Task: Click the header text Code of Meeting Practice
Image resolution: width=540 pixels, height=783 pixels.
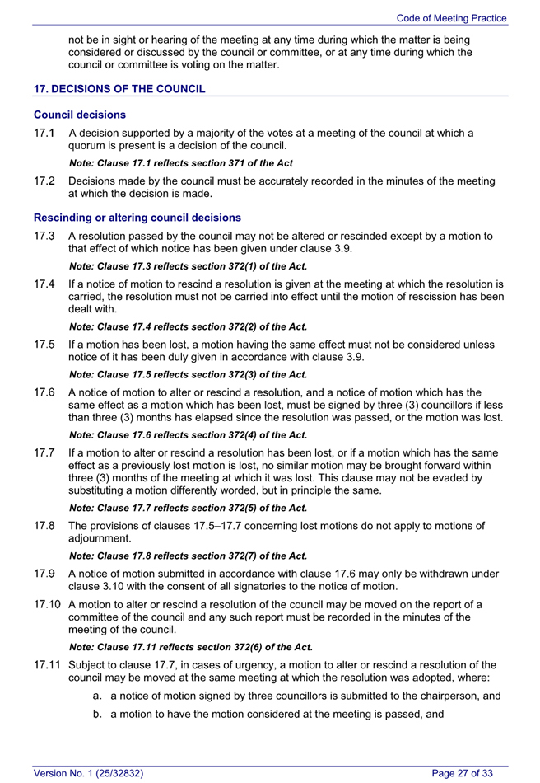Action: click(451, 18)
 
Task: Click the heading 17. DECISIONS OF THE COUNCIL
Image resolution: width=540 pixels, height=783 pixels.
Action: click(119, 89)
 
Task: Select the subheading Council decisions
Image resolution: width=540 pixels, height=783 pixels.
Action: click(79, 115)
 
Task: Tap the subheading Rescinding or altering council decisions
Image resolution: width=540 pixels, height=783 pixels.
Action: click(137, 218)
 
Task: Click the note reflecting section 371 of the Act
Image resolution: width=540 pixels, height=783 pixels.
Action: click(181, 163)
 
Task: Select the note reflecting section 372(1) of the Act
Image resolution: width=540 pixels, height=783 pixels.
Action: click(189, 266)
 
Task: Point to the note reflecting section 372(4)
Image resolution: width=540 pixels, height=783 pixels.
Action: click(189, 434)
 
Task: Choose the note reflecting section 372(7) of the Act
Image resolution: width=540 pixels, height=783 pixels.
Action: click(189, 556)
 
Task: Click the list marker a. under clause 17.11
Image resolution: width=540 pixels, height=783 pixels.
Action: click(98, 696)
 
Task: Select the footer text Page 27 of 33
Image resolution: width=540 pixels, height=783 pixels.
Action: click(463, 772)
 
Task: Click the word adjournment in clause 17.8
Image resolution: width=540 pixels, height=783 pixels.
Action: click(100, 538)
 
